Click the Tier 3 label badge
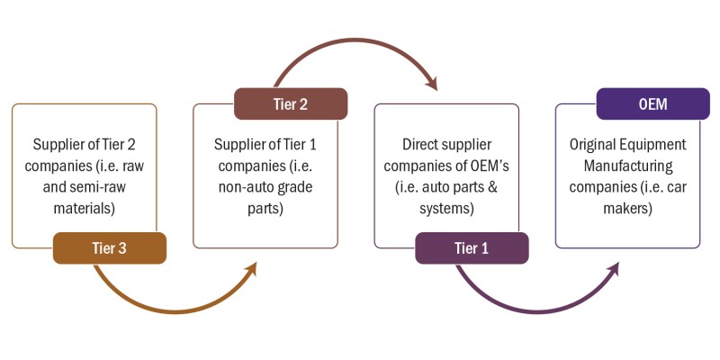(x=110, y=248)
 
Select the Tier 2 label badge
(x=291, y=103)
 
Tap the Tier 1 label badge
(x=472, y=248)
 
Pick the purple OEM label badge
(x=652, y=103)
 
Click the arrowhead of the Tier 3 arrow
(x=253, y=267)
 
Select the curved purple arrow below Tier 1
(x=531, y=306)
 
